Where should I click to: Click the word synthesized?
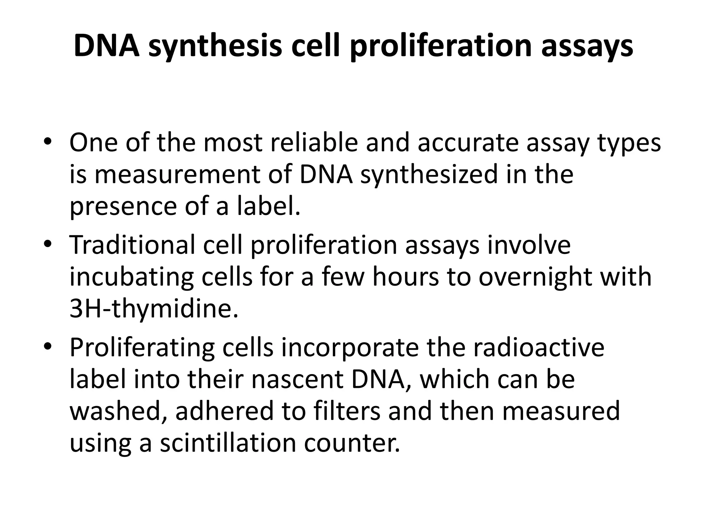click(429, 175)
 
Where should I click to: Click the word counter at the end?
click(352, 443)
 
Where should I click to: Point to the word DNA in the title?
click(107, 47)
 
